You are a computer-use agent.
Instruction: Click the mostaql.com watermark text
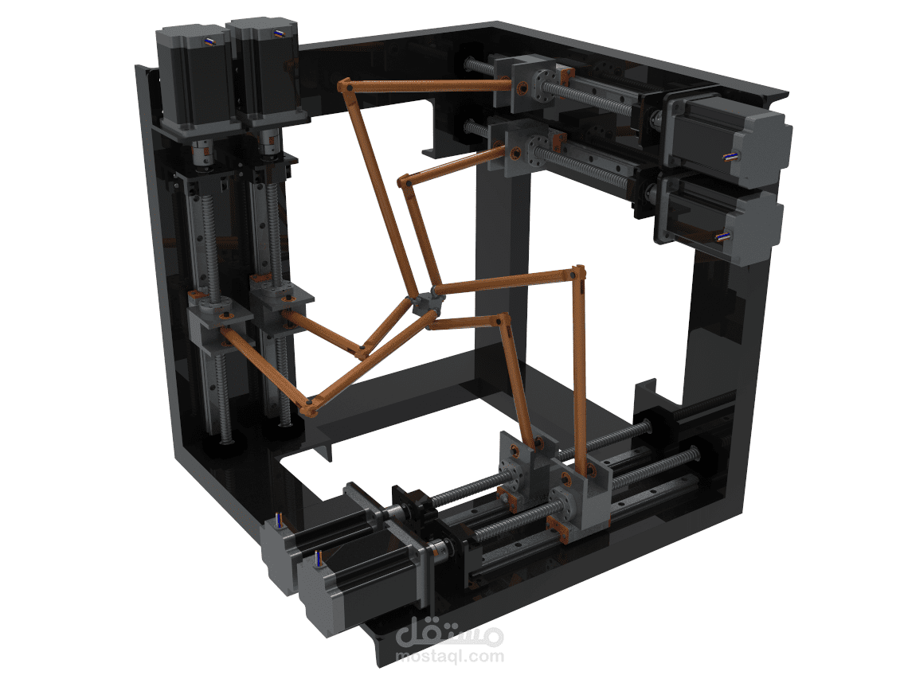450,657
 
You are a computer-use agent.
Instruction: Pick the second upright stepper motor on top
263,72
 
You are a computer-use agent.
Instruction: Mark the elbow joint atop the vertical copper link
578,275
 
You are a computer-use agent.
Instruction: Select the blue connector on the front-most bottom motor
319,558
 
